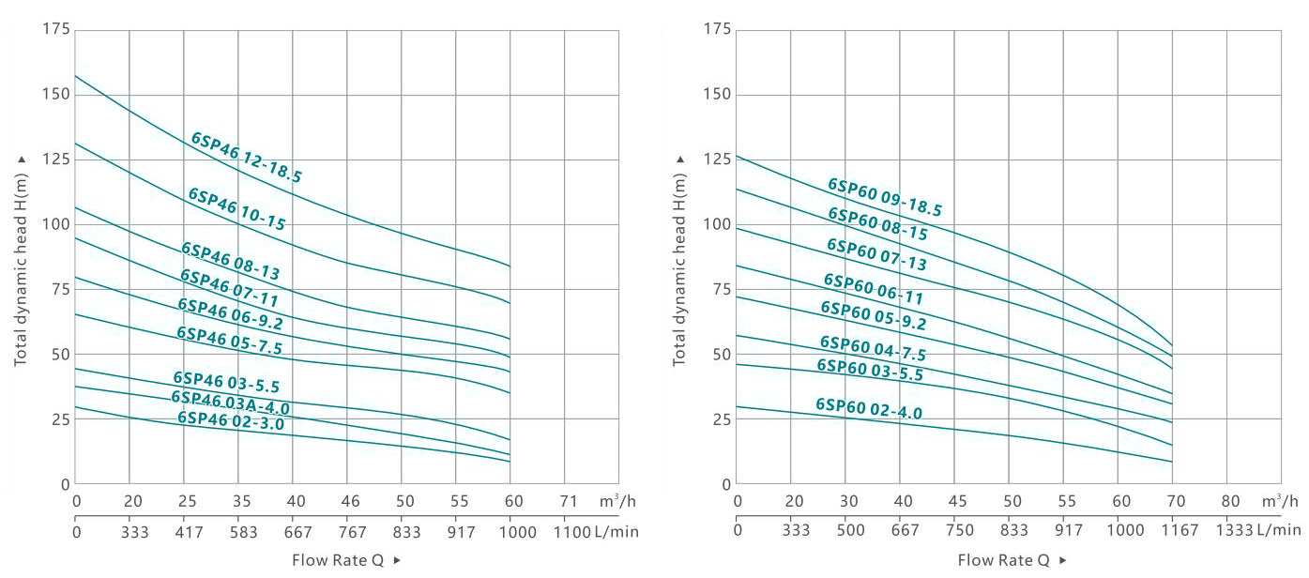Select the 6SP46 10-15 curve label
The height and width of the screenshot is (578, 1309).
click(236, 209)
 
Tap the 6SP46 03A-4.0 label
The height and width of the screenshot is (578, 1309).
click(230, 403)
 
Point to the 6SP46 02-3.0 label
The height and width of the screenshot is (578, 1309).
click(230, 421)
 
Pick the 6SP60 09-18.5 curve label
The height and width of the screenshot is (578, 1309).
click(884, 198)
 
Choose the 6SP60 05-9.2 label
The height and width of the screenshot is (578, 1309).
click(873, 315)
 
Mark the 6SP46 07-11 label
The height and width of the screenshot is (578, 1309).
click(230, 286)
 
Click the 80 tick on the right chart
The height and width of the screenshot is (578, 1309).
click(1231, 502)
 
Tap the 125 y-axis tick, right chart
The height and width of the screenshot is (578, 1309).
click(717, 160)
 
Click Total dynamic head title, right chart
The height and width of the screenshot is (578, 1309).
click(680, 258)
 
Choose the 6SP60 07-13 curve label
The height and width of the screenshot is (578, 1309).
click(876, 254)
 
